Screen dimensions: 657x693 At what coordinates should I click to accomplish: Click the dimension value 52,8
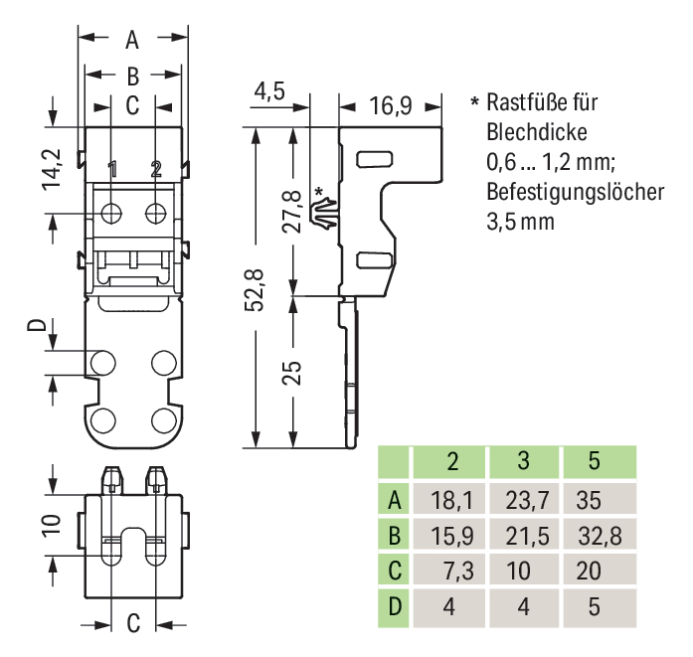pos(258,289)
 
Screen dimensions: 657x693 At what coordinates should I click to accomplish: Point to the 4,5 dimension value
pos(268,91)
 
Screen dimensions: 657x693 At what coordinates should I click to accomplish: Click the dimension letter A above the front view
pos(132,41)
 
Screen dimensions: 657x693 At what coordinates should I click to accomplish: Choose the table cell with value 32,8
pos(599,536)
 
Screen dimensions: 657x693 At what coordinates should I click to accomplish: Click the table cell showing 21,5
pos(523,536)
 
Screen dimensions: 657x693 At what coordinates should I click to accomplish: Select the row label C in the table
pos(394,572)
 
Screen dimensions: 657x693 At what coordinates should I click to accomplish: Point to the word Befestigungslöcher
pos(575,192)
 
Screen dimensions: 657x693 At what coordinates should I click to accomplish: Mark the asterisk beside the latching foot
pos(318,191)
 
